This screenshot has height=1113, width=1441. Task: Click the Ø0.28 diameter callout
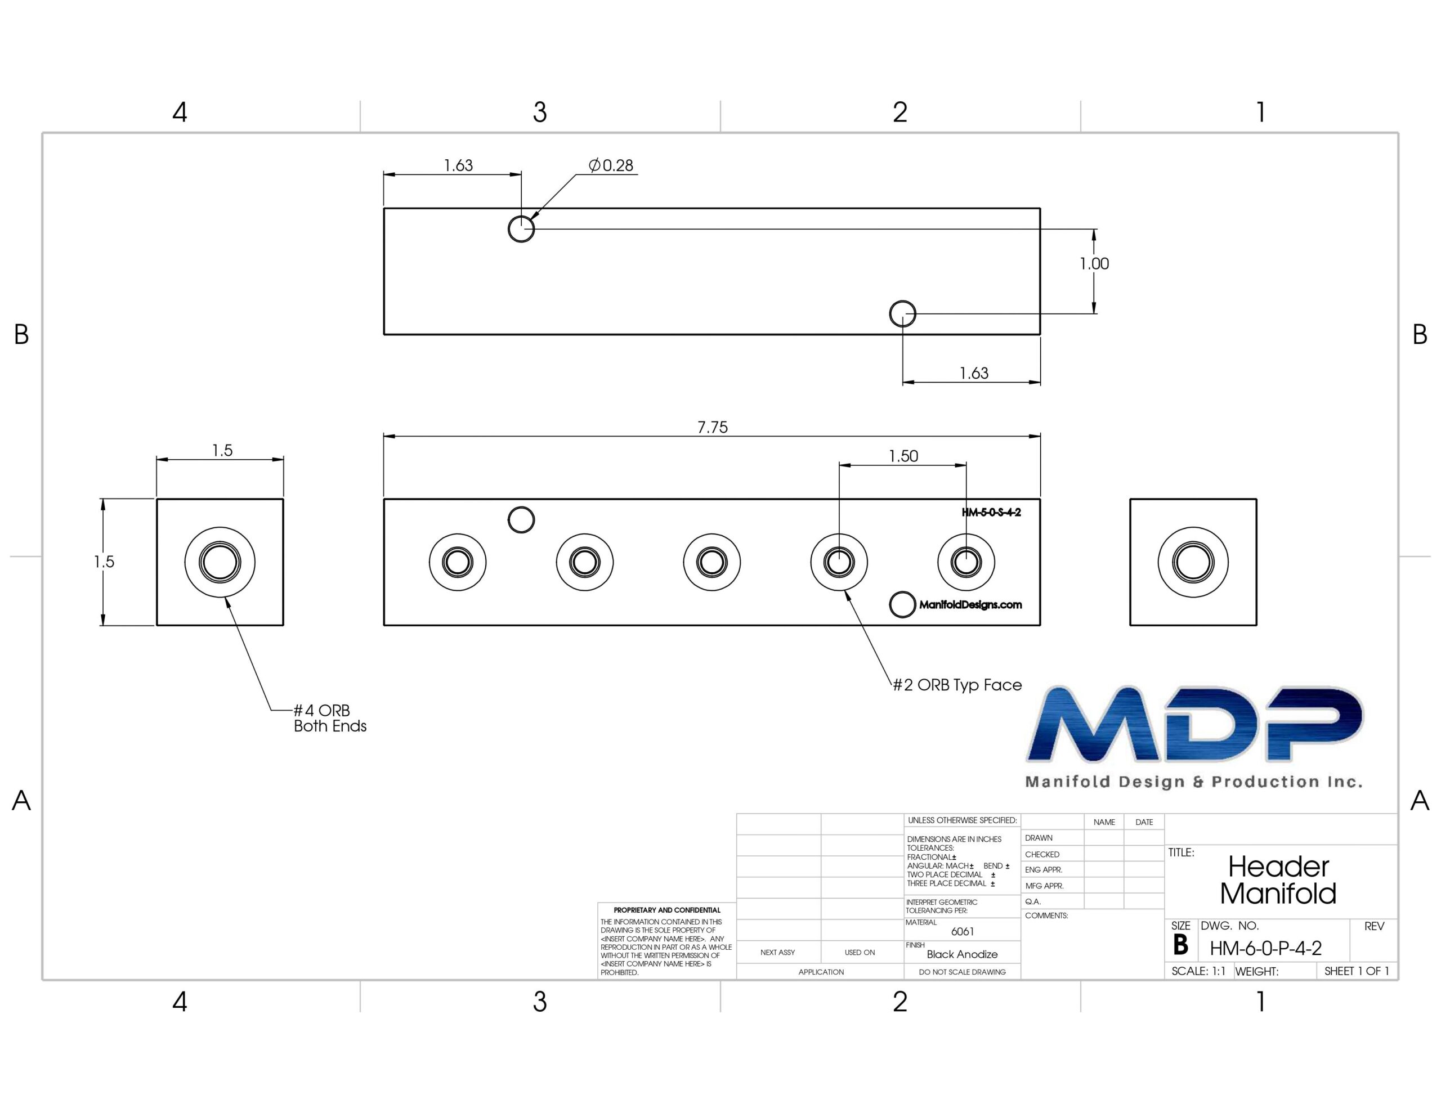(611, 165)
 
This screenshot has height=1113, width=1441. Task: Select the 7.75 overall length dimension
(713, 428)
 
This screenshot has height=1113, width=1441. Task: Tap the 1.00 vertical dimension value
(1094, 264)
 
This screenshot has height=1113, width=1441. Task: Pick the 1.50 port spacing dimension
(903, 456)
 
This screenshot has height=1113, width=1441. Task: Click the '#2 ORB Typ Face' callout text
(957, 685)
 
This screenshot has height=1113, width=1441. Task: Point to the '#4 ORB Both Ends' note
(330, 719)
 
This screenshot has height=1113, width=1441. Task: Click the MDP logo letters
(1195, 724)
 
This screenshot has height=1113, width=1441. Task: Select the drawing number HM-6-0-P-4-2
(1265, 949)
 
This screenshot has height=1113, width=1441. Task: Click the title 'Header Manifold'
(1278, 880)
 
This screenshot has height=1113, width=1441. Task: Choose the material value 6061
(963, 932)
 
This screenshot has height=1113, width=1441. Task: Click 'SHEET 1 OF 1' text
(1357, 971)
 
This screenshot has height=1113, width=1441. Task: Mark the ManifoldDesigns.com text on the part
(970, 604)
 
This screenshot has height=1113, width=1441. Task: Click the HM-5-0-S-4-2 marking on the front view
(991, 513)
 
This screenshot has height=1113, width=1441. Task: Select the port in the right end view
(1193, 562)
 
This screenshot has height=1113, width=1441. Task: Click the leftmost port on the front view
(458, 562)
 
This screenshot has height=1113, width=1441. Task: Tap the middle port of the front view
(712, 562)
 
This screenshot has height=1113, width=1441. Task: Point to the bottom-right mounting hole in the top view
(903, 314)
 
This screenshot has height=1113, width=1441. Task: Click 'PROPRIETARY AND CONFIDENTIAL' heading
(667, 910)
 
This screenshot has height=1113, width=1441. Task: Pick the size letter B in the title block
(1180, 945)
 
